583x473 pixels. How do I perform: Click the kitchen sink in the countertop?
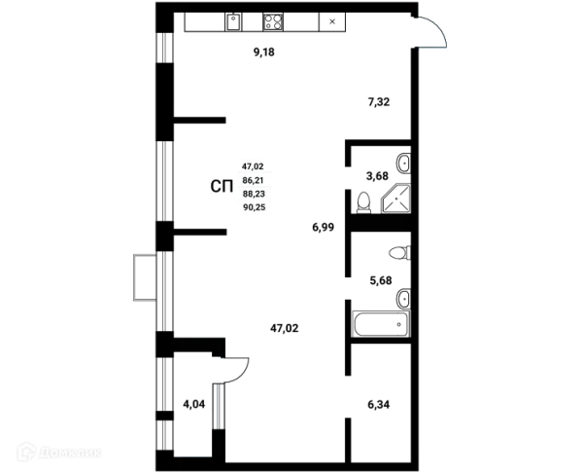click(x=233, y=22)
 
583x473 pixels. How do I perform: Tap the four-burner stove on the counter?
click(x=272, y=22)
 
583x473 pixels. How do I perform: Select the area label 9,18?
click(x=264, y=53)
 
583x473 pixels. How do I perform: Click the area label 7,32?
click(x=379, y=101)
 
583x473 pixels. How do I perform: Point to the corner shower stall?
click(x=396, y=199)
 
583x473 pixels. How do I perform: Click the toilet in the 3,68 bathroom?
click(x=363, y=203)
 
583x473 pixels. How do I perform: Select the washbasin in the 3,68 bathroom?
click(x=403, y=164)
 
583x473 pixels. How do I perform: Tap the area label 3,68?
click(x=377, y=176)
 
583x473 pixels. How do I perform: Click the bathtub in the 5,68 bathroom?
click(x=381, y=324)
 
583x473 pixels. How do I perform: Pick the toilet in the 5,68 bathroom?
click(x=399, y=253)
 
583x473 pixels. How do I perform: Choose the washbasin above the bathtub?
click(x=403, y=299)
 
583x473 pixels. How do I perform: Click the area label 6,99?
click(x=324, y=227)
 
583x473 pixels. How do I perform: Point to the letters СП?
click(x=222, y=187)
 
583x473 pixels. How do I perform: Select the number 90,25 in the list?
click(x=255, y=207)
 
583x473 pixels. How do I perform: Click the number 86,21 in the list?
click(x=254, y=181)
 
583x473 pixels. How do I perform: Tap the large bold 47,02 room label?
click(x=285, y=329)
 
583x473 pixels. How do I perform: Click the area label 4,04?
click(x=194, y=404)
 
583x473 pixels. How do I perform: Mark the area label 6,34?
click(x=379, y=404)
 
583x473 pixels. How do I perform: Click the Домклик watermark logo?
click(x=59, y=452)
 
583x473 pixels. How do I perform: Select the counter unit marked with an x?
click(x=332, y=21)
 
